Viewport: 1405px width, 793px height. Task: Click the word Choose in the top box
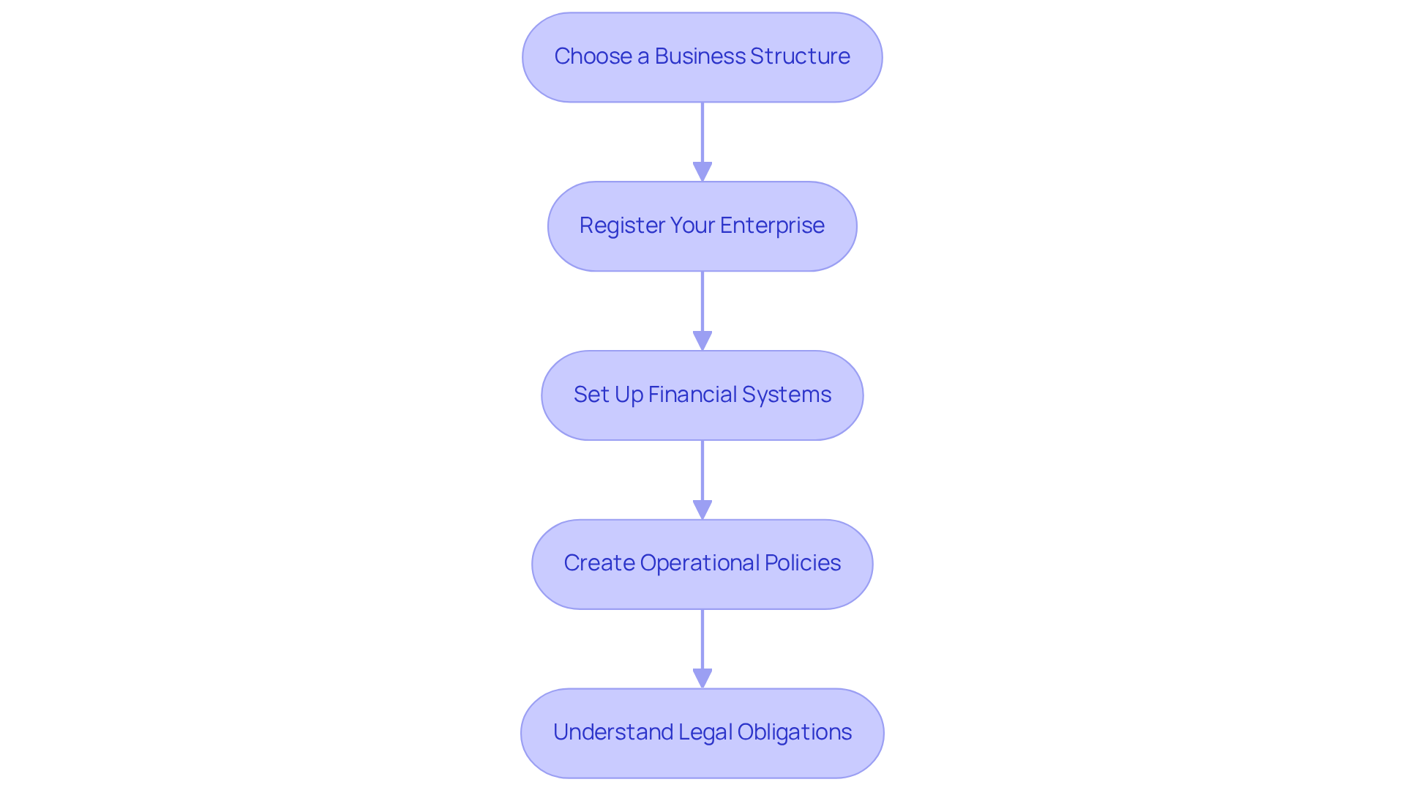tap(593, 56)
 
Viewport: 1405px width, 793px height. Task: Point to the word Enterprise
tap(772, 226)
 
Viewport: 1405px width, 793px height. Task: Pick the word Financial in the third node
tap(692, 395)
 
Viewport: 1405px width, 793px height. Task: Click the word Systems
tap(787, 395)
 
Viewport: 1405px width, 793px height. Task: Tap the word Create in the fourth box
tap(599, 563)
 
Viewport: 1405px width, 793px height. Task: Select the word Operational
tap(700, 563)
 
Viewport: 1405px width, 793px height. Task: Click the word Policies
tap(803, 563)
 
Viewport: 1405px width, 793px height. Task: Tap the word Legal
tap(705, 732)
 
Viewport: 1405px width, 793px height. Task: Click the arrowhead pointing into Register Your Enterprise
tap(702, 172)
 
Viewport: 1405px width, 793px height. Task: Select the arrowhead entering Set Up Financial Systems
tap(702, 341)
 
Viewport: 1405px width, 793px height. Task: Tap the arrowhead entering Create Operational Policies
tap(702, 510)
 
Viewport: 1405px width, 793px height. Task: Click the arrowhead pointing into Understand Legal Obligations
tap(702, 679)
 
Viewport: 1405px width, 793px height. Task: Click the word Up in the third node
tap(629, 395)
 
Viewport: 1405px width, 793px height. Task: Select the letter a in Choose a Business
tap(643, 56)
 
